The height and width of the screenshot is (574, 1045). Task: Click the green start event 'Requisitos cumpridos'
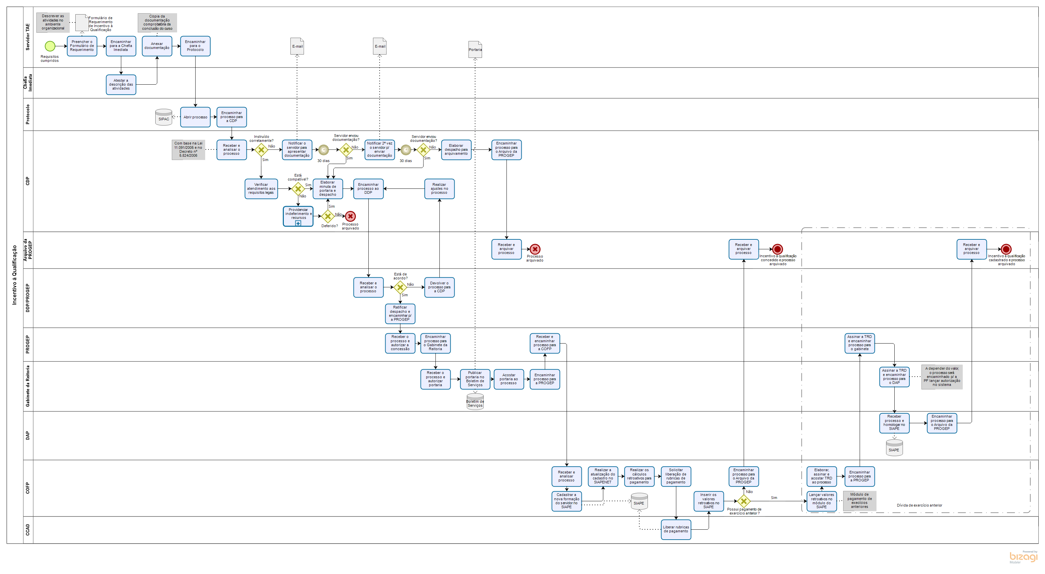50,46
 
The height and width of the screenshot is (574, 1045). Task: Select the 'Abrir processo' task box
195,117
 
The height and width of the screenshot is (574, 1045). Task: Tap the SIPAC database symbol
164,118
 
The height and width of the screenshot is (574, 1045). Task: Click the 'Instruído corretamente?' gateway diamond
261,150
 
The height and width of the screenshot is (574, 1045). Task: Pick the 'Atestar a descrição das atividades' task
121,84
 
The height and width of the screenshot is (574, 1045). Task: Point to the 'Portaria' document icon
475,50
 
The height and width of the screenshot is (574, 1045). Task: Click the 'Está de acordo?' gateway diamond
400,287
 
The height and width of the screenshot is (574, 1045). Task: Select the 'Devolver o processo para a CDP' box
439,287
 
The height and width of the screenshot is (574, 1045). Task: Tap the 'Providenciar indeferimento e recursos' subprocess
298,216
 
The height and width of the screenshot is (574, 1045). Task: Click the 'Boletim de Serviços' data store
475,403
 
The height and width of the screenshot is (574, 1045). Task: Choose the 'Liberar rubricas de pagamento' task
676,529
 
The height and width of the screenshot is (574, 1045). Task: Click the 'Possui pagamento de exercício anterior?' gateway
744,501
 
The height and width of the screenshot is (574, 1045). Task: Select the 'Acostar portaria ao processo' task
509,379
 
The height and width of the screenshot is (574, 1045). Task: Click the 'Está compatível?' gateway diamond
298,189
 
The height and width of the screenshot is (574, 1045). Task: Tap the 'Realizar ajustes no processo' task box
439,189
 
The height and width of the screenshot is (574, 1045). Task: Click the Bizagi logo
1023,557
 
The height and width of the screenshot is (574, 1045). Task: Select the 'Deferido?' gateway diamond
328,216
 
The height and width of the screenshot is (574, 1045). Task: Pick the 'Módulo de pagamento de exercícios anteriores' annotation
860,501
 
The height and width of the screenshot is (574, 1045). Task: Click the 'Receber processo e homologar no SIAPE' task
894,423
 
